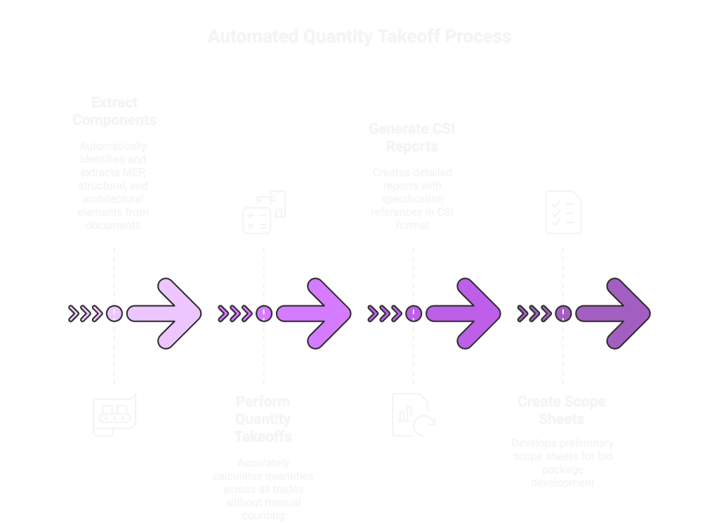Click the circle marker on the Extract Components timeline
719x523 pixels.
tap(114, 314)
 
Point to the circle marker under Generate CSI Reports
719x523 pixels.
tap(414, 314)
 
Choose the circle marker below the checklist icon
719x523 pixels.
tap(562, 314)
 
